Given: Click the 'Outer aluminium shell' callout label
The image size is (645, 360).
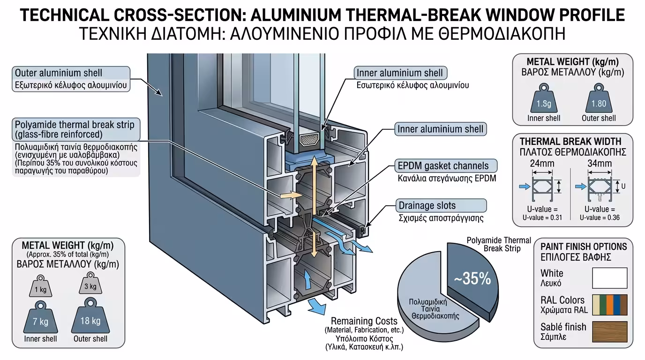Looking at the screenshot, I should (59, 73).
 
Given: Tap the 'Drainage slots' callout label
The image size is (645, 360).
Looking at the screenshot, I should (427, 206).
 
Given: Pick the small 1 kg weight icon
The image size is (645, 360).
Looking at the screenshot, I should (41, 287).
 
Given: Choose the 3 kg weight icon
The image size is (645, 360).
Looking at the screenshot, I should (90, 285).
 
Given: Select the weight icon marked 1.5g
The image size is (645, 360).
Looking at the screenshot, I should (544, 100).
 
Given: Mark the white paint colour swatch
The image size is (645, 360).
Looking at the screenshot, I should (609, 277).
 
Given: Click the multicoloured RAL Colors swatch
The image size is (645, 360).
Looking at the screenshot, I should (609, 304).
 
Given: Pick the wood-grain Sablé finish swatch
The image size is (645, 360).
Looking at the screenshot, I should (609, 331).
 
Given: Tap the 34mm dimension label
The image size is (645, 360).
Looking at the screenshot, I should (599, 164).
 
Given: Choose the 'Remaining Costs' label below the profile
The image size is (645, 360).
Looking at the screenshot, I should (364, 322).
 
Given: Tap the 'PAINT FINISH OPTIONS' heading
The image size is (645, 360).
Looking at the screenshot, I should (583, 247).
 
